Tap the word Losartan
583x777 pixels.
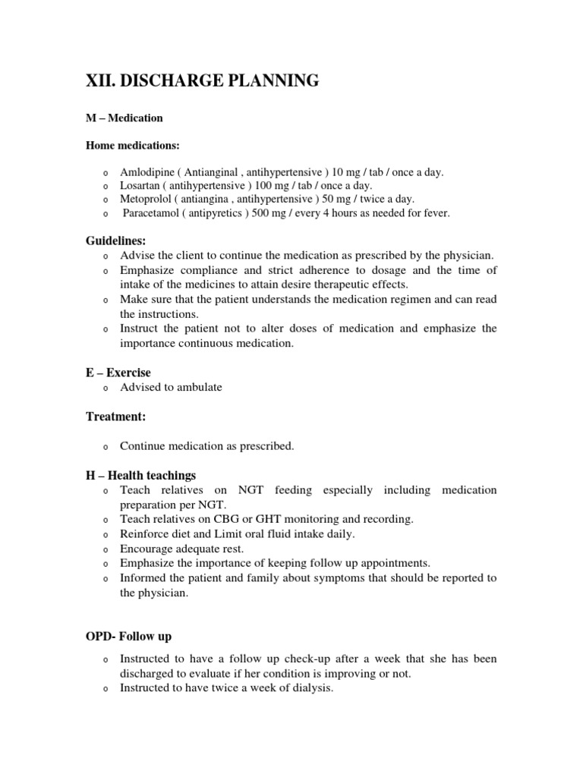(140, 186)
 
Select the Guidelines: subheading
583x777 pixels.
(115, 241)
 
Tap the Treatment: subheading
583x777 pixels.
(115, 417)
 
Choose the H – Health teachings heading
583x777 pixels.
(140, 476)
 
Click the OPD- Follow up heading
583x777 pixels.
(133, 636)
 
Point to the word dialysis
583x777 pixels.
(311, 688)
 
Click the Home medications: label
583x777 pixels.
(133, 144)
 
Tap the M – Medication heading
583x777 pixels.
(124, 118)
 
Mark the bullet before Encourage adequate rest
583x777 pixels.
(106, 549)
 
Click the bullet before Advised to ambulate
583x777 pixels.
(106, 388)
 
